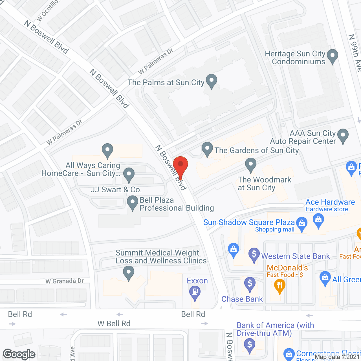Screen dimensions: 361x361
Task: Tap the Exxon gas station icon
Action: coord(195,292)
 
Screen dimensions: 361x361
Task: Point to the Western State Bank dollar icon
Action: coord(254,254)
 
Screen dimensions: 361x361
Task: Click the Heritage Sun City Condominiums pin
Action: coord(333,56)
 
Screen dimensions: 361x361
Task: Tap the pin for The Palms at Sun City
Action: coord(212,81)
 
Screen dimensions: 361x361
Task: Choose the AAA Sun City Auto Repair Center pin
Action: coord(343,135)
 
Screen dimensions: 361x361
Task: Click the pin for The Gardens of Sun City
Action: coord(207,149)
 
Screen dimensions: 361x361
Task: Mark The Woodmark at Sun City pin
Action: coord(250,164)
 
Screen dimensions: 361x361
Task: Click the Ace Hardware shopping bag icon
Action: coord(319,220)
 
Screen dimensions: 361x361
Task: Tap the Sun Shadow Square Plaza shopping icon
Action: coord(302,224)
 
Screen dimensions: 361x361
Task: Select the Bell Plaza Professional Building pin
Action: coord(132,202)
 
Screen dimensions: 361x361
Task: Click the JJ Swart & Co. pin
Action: coord(129,174)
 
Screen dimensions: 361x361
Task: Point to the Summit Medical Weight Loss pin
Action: coord(129,273)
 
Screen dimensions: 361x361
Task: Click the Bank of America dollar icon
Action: coord(250,345)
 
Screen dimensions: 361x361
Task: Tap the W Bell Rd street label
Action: coord(114,323)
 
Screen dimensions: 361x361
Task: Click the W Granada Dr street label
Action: coord(65,281)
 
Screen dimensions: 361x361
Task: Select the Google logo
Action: coord(19,354)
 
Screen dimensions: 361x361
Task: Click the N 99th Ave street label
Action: coord(355,53)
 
